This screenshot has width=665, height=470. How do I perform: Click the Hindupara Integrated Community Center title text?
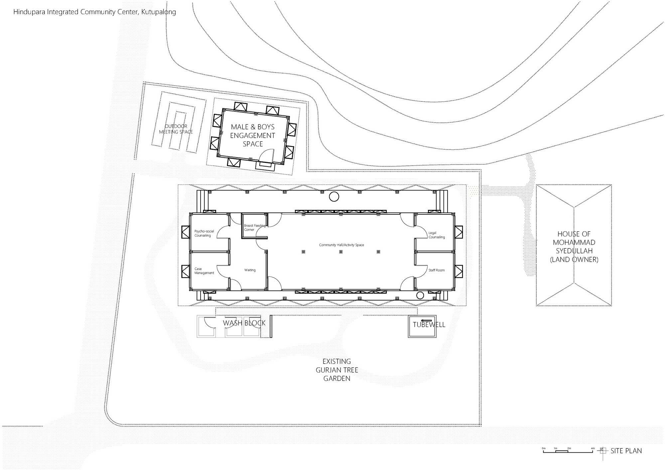[94, 12]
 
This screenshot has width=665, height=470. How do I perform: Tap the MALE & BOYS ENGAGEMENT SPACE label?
[253, 135]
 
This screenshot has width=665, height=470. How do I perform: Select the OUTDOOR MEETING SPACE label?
[176, 129]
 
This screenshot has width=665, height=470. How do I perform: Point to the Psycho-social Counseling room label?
[204, 233]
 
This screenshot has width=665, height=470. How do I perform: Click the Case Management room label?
[204, 271]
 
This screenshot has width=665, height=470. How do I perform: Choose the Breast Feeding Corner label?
[255, 227]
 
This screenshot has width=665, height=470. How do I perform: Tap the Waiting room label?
[250, 270]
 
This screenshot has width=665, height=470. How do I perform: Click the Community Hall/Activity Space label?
[341, 245]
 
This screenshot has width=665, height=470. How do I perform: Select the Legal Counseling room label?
[437, 235]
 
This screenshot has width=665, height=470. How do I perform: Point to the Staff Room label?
[437, 270]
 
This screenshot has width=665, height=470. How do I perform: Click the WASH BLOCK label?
[244, 323]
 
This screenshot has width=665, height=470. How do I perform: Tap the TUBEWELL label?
[429, 325]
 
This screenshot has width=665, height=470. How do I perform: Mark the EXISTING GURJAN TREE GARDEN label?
[337, 370]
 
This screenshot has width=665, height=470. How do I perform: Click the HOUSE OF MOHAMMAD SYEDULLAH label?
[574, 247]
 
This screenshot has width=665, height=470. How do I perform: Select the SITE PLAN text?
[626, 451]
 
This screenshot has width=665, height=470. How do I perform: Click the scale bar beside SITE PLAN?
[568, 451]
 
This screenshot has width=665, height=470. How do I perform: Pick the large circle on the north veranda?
[334, 197]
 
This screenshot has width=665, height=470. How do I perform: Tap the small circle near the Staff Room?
[420, 295]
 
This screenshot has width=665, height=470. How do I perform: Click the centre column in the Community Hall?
[341, 252]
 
